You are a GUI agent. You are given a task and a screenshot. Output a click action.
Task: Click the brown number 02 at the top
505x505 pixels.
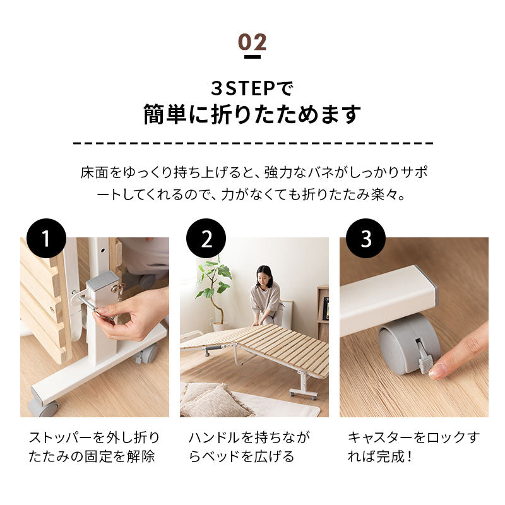click(x=252, y=42)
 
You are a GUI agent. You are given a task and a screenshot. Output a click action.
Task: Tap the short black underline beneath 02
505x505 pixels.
click(x=252, y=57)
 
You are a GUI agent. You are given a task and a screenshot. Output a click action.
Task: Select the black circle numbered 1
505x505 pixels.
click(x=46, y=239)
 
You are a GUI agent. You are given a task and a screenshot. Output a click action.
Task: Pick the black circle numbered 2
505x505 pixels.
click(x=206, y=239)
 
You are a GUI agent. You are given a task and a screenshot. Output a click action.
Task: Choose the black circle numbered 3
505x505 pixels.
click(x=366, y=239)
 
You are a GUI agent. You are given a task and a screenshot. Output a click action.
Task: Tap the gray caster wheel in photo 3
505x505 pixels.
click(x=409, y=344)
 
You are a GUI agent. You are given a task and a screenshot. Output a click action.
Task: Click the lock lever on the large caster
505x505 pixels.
click(x=424, y=357)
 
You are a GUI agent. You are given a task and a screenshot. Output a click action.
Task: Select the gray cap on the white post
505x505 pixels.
click(x=102, y=280)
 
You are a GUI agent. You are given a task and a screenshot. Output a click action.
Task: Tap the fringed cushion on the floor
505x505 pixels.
click(x=213, y=400)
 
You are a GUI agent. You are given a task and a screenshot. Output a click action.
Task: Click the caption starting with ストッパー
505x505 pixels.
click(x=94, y=447)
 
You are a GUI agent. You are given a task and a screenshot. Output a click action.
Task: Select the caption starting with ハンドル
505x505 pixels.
click(x=249, y=447)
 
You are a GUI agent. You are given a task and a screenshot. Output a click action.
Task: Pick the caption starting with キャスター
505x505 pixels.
click(x=413, y=447)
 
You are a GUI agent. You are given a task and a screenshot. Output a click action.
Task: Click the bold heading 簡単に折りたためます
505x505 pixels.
click(x=252, y=114)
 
